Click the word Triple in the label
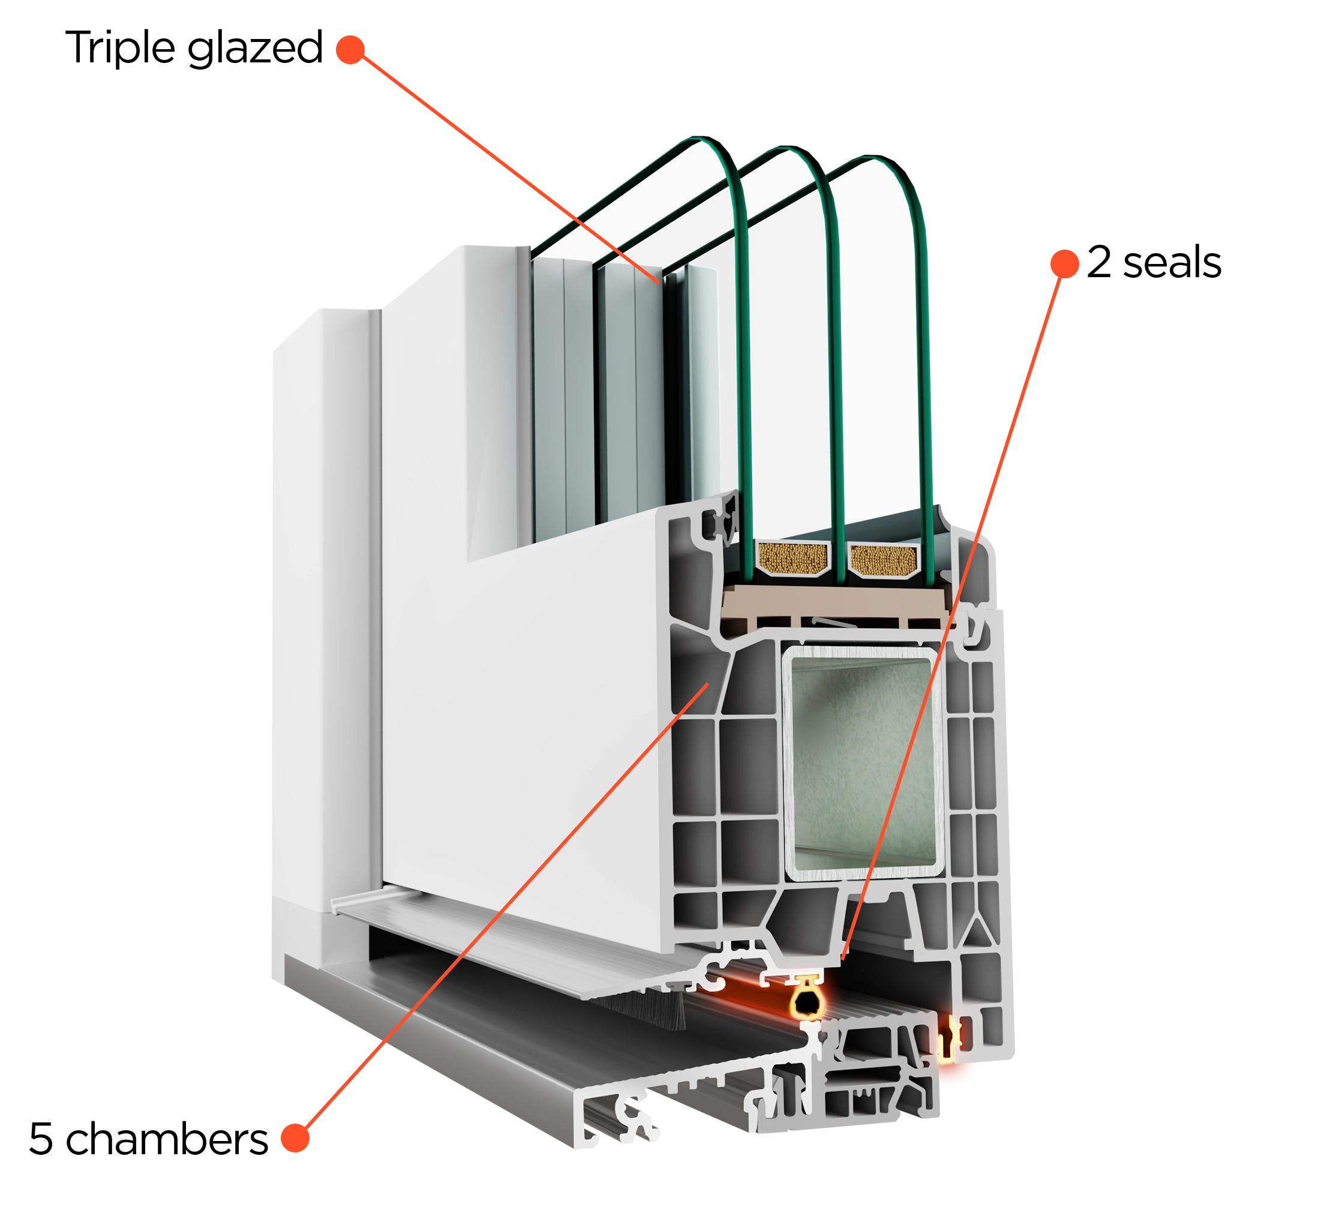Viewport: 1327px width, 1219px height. click(120, 47)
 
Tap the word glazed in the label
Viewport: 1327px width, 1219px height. click(255, 49)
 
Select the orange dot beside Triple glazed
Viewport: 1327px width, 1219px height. click(350, 49)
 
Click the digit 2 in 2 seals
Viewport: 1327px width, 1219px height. click(1099, 262)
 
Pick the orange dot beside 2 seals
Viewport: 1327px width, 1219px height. click(1064, 263)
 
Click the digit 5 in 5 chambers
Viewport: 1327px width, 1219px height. click(41, 1139)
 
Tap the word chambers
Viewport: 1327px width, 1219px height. click(167, 1138)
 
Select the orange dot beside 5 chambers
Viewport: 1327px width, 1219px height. click(295, 1138)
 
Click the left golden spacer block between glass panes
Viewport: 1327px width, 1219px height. click(792, 557)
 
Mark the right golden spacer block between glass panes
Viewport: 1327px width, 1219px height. click(883, 560)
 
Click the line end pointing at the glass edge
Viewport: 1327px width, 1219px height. click(658, 283)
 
